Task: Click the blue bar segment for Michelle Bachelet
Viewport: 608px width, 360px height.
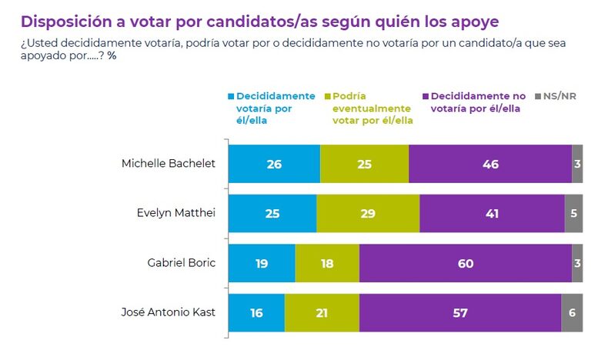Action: click(x=274, y=164)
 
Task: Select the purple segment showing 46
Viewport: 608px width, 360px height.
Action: click(x=490, y=164)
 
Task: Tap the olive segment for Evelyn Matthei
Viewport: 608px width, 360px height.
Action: click(x=368, y=213)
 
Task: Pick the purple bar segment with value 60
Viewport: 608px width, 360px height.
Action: click(x=466, y=263)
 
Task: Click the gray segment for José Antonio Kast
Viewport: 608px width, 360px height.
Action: click(x=572, y=313)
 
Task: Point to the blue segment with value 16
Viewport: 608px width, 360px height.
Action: click(x=256, y=313)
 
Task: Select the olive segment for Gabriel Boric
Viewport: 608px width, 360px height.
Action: click(x=327, y=263)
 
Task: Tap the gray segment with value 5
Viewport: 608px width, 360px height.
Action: click(x=573, y=213)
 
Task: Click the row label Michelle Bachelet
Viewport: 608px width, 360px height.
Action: click(x=169, y=164)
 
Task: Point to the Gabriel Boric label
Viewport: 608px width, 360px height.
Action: click(x=182, y=263)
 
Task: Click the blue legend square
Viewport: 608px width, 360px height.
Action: click(x=230, y=96)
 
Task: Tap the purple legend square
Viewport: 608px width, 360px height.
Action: click(x=425, y=96)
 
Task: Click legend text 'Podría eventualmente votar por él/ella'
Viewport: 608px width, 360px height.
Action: click(x=372, y=108)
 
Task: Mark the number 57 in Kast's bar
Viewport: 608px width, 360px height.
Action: click(x=460, y=313)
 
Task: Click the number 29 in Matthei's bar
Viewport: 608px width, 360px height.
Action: click(x=368, y=213)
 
